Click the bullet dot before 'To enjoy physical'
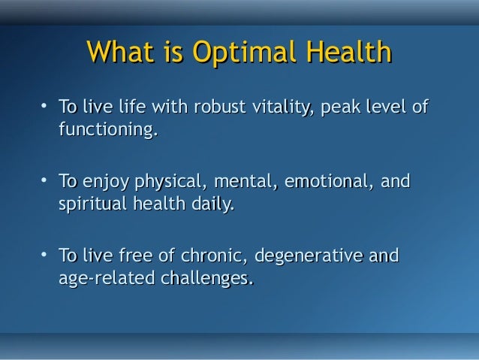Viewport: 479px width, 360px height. click(45, 180)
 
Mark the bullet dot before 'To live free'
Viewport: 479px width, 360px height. click(45, 254)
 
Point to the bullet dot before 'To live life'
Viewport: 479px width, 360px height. click(45, 107)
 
